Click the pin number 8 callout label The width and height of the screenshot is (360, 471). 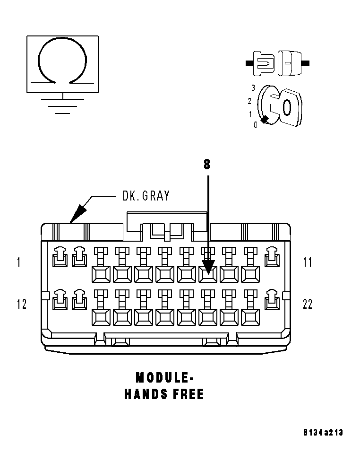[x=207, y=164]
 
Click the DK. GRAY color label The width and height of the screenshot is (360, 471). [x=146, y=196]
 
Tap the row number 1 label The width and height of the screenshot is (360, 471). [x=18, y=262]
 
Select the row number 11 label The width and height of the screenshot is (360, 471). [x=308, y=262]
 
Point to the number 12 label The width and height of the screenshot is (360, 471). [x=21, y=304]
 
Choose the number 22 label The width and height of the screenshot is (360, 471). [x=308, y=304]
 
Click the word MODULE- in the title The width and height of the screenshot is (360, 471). [x=164, y=377]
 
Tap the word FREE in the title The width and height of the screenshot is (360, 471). [x=188, y=394]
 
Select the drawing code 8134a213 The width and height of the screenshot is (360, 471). [x=323, y=432]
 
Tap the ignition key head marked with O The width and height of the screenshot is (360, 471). [x=286, y=108]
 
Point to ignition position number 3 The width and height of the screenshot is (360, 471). [x=253, y=88]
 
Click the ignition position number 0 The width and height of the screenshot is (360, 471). [x=256, y=124]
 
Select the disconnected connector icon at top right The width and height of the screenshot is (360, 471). [x=277, y=62]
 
